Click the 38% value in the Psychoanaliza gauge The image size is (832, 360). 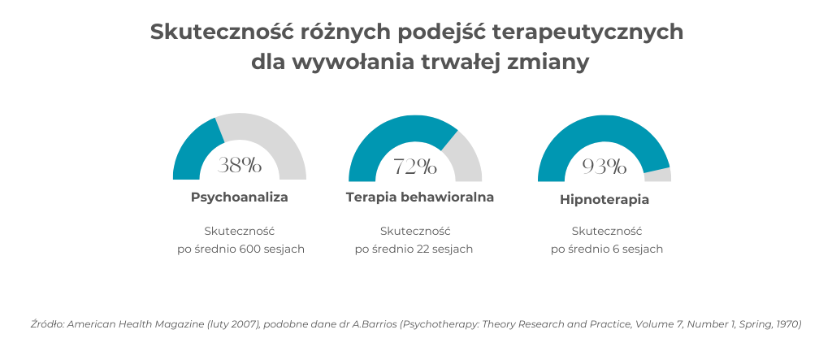tap(240, 166)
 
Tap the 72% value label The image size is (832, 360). tap(415, 167)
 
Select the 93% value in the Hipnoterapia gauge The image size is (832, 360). tap(604, 167)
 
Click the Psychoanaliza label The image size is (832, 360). tap(240, 197)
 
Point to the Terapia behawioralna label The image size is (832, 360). tap(420, 197)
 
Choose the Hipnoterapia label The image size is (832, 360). tap(604, 199)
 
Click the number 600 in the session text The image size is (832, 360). tap(250, 249)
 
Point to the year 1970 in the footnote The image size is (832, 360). tap(788, 323)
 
